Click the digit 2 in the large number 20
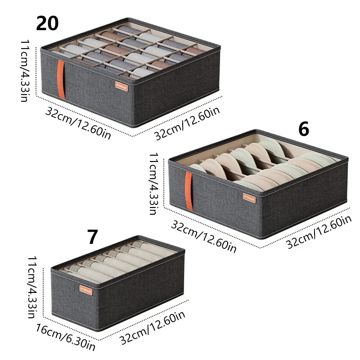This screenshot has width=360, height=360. click(41, 23)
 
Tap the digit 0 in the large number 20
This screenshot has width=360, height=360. click(53, 23)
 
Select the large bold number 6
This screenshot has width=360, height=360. click(304, 129)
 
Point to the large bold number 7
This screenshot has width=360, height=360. click(93, 237)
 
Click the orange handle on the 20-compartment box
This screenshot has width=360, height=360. click(61, 79)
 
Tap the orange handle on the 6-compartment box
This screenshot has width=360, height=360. click(189, 190)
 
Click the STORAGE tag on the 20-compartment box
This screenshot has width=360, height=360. click(121, 86)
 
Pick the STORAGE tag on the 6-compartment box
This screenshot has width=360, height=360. click(249, 198)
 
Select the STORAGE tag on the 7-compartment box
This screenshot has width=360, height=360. click(86, 290)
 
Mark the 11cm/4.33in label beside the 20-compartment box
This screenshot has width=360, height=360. click(25, 71)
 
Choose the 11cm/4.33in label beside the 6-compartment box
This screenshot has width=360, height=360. click(153, 184)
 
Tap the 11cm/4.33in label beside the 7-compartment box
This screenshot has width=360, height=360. click(31, 287)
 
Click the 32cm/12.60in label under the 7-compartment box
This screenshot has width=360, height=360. click(153, 328)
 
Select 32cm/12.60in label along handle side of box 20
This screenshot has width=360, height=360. click(78, 123)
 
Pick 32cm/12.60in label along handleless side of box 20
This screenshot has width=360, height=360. click(187, 123)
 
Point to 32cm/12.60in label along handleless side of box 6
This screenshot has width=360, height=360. click(319, 232)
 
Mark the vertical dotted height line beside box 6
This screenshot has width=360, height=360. click(164, 183)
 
